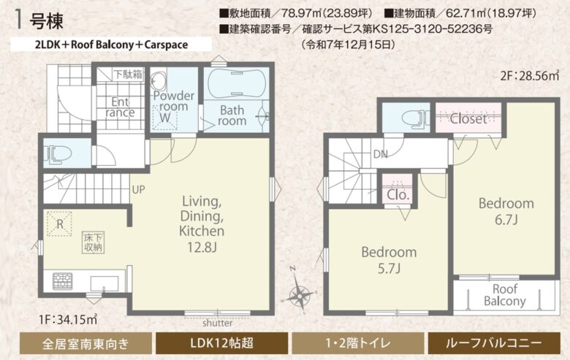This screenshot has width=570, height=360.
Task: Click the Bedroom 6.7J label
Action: [x=506, y=211]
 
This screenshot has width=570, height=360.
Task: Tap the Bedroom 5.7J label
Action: [x=389, y=259]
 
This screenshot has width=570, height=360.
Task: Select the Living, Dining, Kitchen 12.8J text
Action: [x=202, y=223]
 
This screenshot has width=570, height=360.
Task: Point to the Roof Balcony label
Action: [x=504, y=295]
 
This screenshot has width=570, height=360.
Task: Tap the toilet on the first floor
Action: [x=58, y=153]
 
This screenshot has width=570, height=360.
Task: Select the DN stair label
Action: [x=380, y=154]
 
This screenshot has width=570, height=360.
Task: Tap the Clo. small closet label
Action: [x=398, y=195]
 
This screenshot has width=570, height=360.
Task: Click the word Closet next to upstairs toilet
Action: [x=468, y=119]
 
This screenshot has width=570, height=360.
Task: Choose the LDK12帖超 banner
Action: [x=222, y=342]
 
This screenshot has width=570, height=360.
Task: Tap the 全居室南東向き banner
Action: [x=85, y=342]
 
